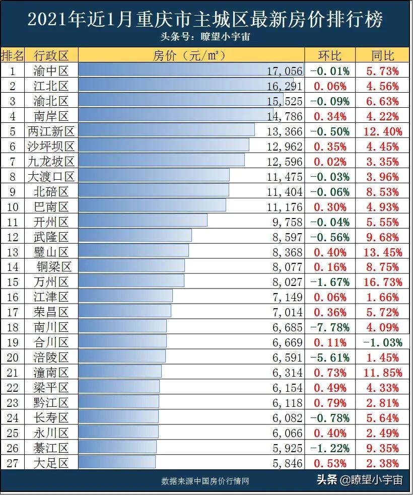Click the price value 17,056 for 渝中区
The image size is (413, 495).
tap(285, 71)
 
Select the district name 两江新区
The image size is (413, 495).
tap(51, 131)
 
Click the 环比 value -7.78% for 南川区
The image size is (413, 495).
tap(330, 327)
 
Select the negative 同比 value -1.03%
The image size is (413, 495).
tap(383, 342)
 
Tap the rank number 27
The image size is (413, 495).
tap(12, 463)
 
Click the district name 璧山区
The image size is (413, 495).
tap(51, 252)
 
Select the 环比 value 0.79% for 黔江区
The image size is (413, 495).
tap(330, 403)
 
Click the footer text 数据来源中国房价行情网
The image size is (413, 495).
tap(205, 481)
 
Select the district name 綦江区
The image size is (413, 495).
tap(51, 448)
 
